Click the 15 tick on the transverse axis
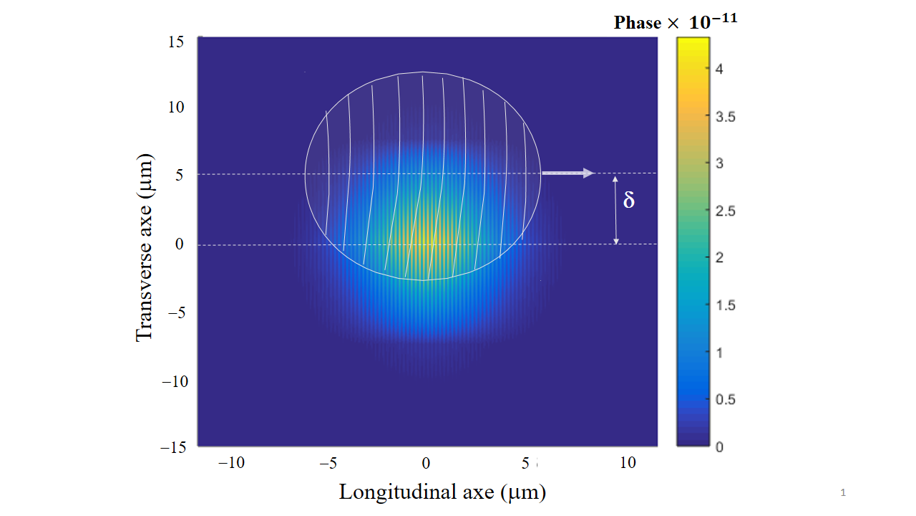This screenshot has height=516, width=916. pos(176,42)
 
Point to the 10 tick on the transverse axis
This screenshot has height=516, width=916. pos(176,107)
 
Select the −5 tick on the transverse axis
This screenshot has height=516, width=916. pos(176,313)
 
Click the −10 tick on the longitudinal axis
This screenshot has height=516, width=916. pos(231,463)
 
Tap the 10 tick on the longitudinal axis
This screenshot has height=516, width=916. pos(627,463)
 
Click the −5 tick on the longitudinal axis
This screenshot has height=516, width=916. pos(328,463)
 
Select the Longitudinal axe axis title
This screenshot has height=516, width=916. pos(442,492)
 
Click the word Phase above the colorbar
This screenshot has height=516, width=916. pos(638,23)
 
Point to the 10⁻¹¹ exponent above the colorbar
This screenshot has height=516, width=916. pos(713,21)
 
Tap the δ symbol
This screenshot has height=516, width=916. pos(629,201)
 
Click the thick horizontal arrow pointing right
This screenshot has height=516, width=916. pos(567,173)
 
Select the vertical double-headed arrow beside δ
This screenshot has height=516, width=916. pos(615,209)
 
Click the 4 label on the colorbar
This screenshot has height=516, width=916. pos(719,70)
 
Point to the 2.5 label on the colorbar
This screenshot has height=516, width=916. pos(725,211)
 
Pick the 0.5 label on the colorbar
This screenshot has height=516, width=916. pos(725,399)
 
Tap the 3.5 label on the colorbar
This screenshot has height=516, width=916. pos(725,117)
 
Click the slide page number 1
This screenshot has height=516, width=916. pos(843,492)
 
